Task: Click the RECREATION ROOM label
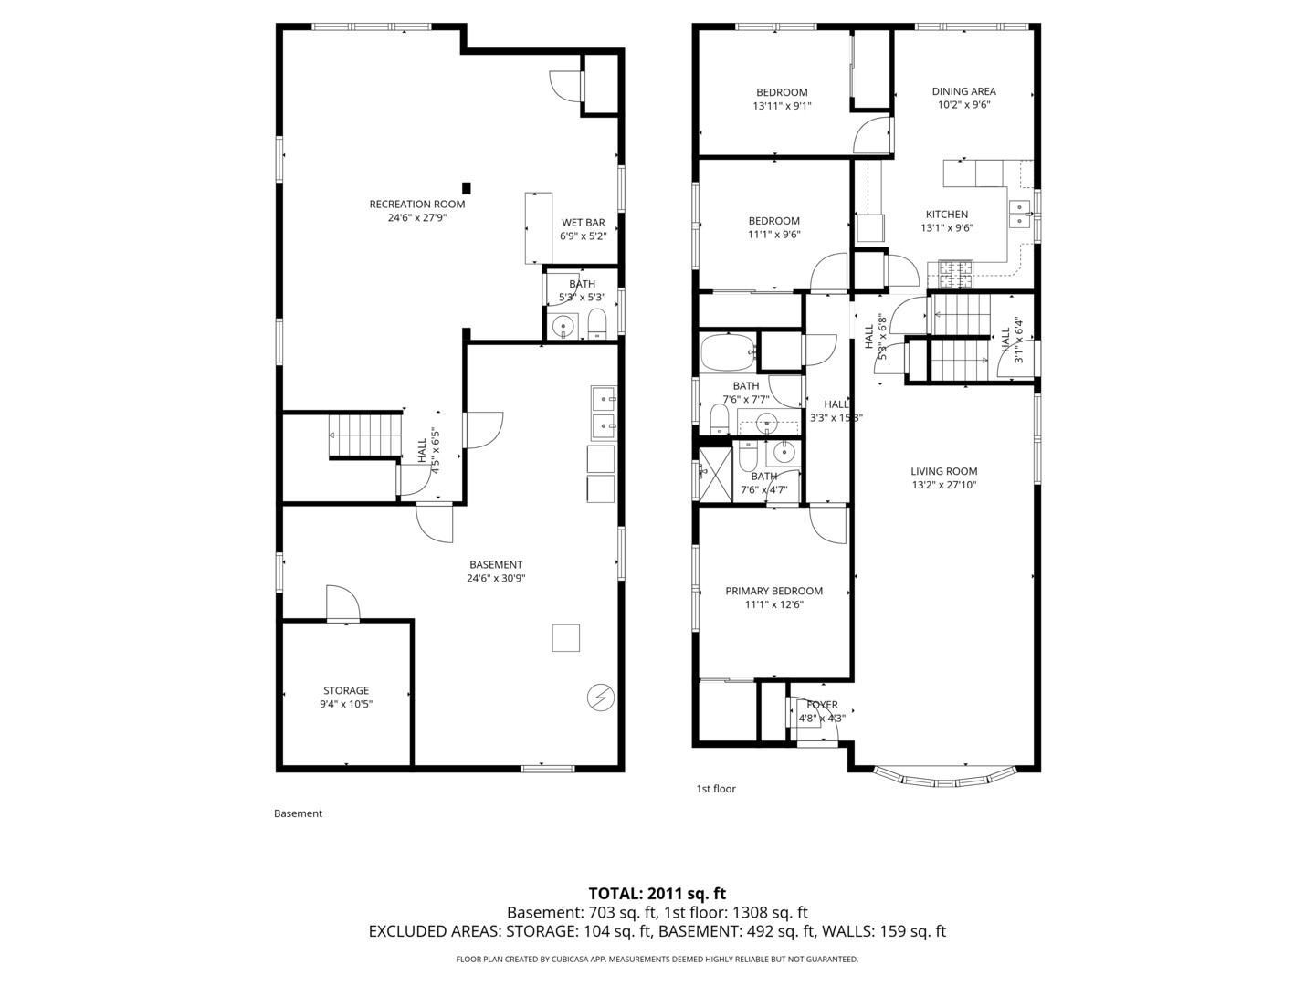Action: pos(416,204)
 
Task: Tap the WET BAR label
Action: pos(583,223)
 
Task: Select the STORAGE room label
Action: pos(346,691)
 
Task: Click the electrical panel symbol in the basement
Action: pos(600,697)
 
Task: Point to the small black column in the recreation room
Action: pos(467,188)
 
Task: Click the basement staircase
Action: pos(365,435)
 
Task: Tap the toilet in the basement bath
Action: pos(597,324)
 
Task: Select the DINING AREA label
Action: pos(963,91)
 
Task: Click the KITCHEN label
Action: pos(946,215)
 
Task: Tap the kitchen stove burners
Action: pos(951,269)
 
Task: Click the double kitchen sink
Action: pos(1019,214)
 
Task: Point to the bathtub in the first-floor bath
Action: pos(728,351)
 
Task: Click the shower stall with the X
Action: pos(714,473)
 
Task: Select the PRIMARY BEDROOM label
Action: pos(773,591)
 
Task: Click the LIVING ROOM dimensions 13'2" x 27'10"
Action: pos(943,485)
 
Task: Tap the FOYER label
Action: pos(822,705)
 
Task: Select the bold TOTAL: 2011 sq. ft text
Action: pos(657,894)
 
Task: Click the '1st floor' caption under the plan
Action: pos(716,789)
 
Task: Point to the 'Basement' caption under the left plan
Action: pos(298,813)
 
